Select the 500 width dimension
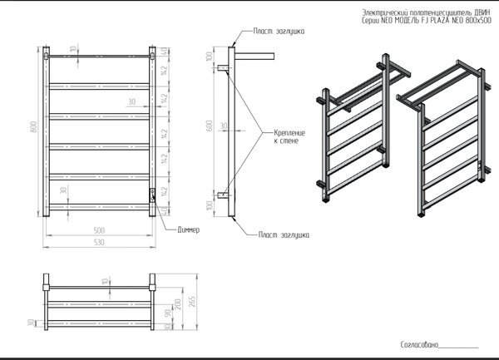(99, 230)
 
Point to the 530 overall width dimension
(99, 242)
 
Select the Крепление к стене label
(286, 137)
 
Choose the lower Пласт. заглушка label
(284, 236)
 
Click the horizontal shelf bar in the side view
(254, 56)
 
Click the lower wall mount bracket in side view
(223, 195)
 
